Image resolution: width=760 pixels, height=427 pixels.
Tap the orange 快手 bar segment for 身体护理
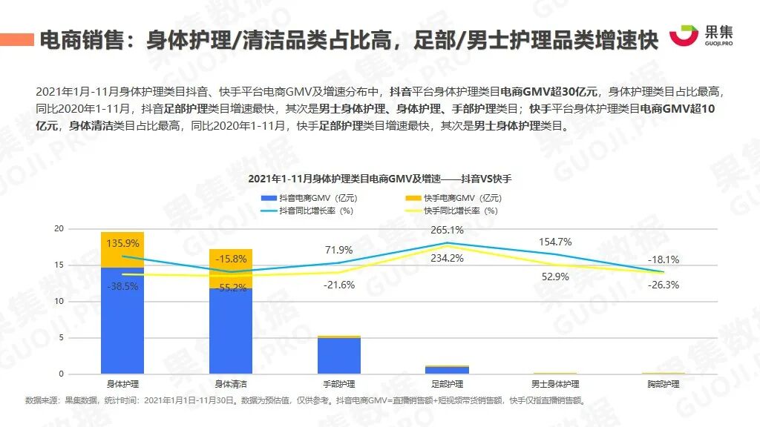pos(122,249)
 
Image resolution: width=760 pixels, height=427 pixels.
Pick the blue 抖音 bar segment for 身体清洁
pos(231,331)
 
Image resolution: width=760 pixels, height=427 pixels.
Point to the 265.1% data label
pos(447,230)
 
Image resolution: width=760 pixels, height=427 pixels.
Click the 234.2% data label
pos(447,258)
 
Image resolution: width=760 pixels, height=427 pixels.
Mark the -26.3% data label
pos(664,285)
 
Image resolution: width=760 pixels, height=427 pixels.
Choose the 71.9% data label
pos(339,250)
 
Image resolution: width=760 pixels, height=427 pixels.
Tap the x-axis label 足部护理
pos(447,384)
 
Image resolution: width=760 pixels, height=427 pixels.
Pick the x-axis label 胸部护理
pos(664,384)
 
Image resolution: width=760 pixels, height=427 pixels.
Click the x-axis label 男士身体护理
pos(555,384)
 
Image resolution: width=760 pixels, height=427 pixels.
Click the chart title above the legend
pos(380,179)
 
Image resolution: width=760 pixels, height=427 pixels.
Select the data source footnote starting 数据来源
pos(304,400)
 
